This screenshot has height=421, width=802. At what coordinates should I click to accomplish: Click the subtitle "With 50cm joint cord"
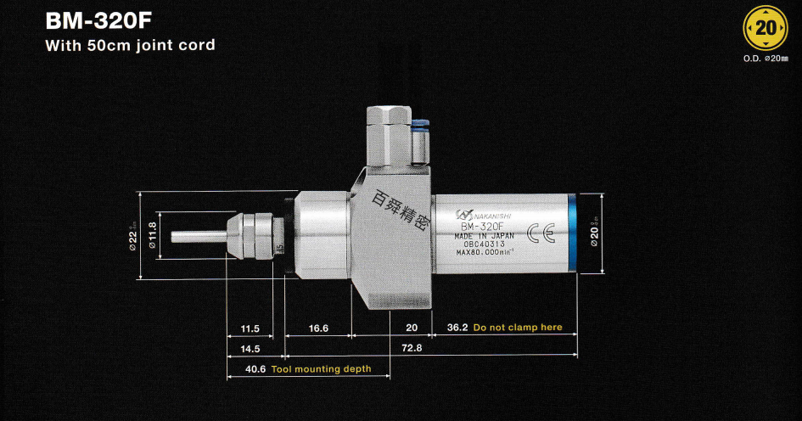(x=130, y=45)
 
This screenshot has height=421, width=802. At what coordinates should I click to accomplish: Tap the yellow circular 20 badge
(x=766, y=28)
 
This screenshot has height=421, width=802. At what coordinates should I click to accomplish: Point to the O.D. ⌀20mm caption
(x=766, y=60)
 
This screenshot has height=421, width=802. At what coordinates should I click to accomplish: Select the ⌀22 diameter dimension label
(x=133, y=235)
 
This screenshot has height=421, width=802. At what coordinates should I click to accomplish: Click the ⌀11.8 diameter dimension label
(x=153, y=235)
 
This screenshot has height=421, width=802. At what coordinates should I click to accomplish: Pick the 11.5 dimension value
(x=250, y=328)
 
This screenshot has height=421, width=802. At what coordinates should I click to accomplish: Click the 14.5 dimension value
(x=250, y=349)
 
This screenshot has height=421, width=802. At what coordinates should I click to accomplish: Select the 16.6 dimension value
(x=318, y=328)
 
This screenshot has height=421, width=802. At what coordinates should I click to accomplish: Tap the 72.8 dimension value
(x=412, y=349)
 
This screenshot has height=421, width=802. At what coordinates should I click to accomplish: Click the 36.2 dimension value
(x=457, y=328)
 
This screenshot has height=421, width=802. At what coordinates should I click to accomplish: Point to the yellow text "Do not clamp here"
(x=518, y=328)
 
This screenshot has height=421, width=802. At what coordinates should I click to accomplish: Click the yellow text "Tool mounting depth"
(x=321, y=369)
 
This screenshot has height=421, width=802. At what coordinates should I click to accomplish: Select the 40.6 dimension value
(x=255, y=369)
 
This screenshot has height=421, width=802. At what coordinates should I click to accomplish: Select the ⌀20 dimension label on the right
(x=595, y=235)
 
